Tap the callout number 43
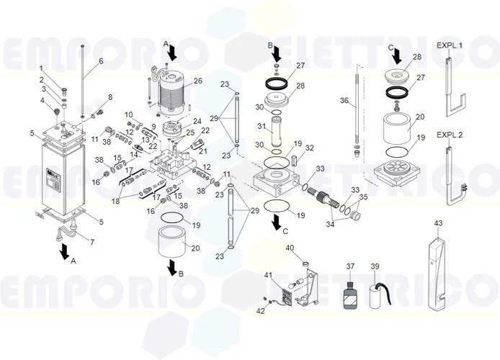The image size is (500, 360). point(438,224)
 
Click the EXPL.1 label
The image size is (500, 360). point(450,45)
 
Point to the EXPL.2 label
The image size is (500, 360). point(450,135)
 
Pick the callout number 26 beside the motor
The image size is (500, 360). point(197,81)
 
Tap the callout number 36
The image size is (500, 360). point(344,101)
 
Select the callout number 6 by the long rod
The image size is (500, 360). point(101,61)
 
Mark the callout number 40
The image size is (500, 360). point(290,248)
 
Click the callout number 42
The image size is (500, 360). point(261,311)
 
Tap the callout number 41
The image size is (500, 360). point(267,275)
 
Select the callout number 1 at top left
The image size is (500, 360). point(41,68)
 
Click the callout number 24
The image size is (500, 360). point(197,121)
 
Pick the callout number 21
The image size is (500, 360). point(202,152)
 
